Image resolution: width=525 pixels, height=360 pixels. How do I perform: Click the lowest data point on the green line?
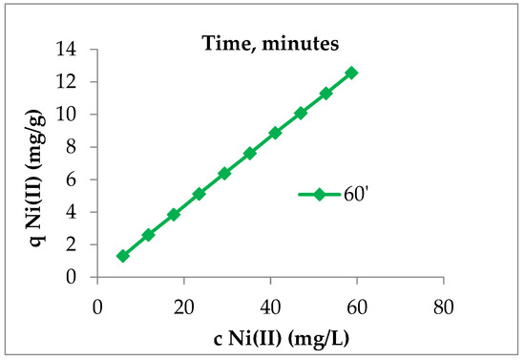click(x=122, y=256)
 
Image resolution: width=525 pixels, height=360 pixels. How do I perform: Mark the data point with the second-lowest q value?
click(x=148, y=235)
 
